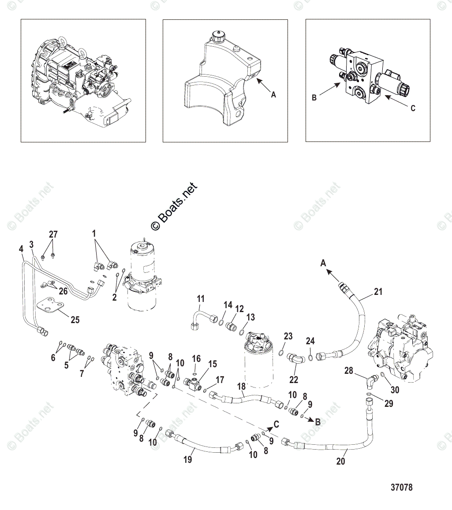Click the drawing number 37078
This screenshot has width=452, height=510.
401,488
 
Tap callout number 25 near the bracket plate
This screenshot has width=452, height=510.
75,320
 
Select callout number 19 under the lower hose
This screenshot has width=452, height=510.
188,460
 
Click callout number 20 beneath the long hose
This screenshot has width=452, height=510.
340,461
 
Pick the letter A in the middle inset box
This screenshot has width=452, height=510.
273,94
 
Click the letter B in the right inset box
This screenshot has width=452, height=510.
314,98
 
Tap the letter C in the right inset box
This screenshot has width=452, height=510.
413,108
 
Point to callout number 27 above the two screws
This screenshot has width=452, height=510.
53,235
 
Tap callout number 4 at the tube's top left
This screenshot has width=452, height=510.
21,249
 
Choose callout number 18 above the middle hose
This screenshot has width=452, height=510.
241,387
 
